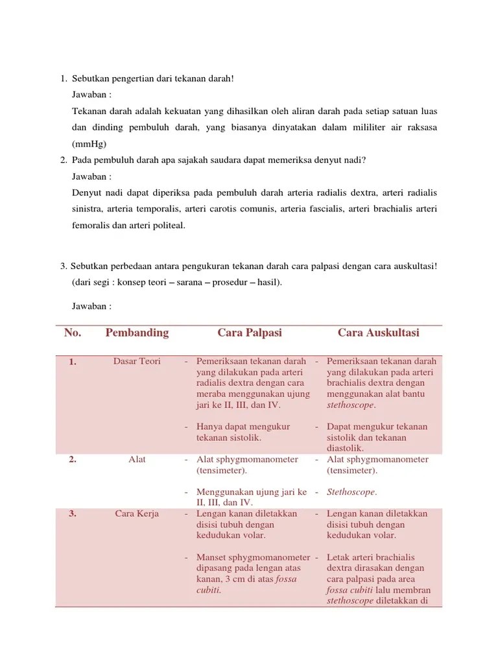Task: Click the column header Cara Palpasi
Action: (x=250, y=333)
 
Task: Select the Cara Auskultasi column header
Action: (x=378, y=333)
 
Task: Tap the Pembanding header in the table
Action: (x=137, y=333)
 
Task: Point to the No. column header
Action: (x=73, y=333)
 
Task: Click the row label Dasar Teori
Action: (x=137, y=361)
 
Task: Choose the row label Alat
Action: (x=137, y=459)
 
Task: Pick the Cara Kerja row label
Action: (x=137, y=514)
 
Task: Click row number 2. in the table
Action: (x=73, y=460)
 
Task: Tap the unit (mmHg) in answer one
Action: (x=89, y=144)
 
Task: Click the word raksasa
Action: (x=420, y=128)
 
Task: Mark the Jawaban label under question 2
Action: (x=91, y=176)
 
